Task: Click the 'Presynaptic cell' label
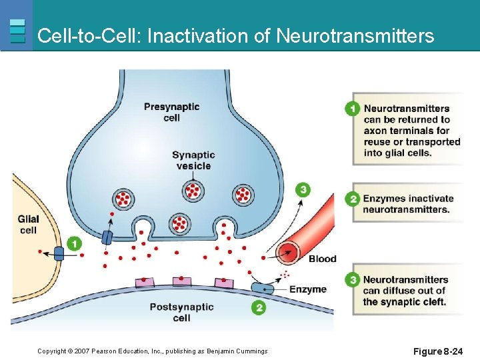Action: (x=171, y=112)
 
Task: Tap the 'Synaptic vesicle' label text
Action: (x=193, y=161)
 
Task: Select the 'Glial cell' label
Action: (x=28, y=224)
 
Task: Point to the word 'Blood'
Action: (x=322, y=259)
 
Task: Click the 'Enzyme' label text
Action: (x=307, y=289)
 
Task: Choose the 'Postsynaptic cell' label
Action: (x=181, y=312)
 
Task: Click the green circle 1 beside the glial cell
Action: (x=75, y=244)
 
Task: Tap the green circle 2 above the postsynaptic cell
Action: (x=258, y=307)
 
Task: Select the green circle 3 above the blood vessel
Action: (x=303, y=190)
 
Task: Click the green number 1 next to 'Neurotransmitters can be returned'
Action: (x=353, y=109)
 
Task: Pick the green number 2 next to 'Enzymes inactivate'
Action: (x=353, y=199)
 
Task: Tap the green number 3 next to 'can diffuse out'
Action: (x=353, y=280)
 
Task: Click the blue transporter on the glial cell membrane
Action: (x=59, y=253)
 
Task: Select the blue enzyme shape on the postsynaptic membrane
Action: (x=262, y=288)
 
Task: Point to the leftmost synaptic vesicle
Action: (x=123, y=198)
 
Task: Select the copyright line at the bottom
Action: (x=152, y=351)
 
